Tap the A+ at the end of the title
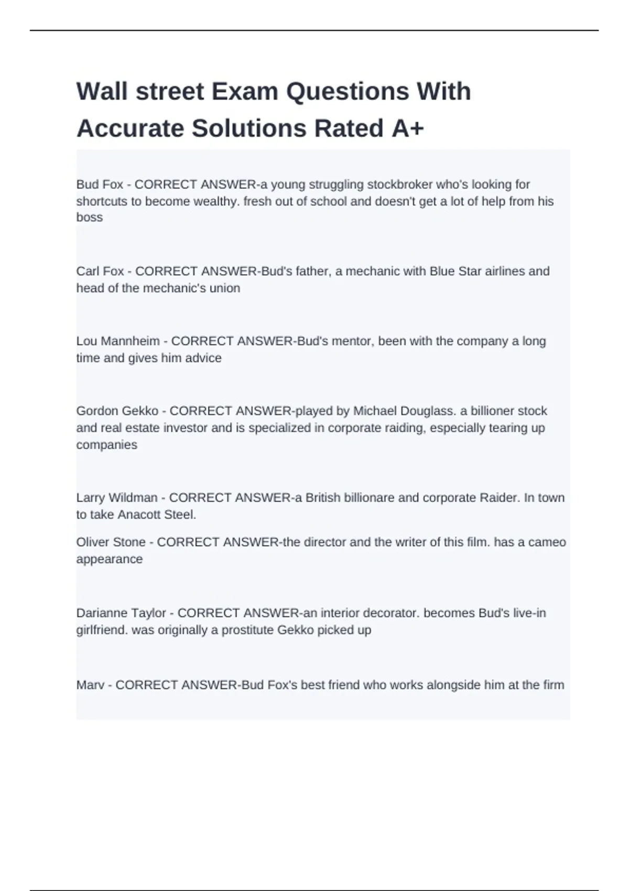coord(407,128)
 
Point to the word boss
coord(90,218)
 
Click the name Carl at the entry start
coord(86,271)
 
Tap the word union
coord(225,288)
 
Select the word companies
coord(106,445)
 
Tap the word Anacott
coord(139,515)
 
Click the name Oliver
coord(92,542)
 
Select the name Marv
coord(90,685)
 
